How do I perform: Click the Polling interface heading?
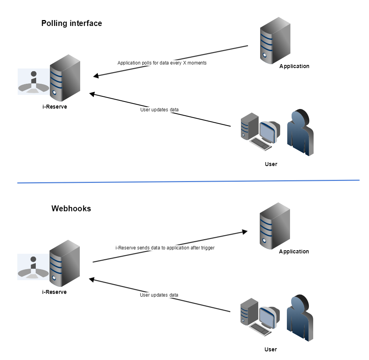[x=72, y=23]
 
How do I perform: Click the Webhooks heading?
[x=71, y=209]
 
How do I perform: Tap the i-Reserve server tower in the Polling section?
[x=65, y=78]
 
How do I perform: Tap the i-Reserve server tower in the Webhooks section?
[x=65, y=263]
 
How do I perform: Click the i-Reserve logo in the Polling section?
[x=33, y=81]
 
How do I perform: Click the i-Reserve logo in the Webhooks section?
[x=33, y=267]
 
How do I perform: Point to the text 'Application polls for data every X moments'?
[x=162, y=63]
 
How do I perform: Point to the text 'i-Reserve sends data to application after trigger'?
[x=165, y=248]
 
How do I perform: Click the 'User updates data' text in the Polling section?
[x=159, y=110]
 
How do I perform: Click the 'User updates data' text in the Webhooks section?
[x=159, y=295]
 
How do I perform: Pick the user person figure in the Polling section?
[x=300, y=132]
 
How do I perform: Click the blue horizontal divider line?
[x=189, y=181]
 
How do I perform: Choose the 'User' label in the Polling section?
[x=271, y=164]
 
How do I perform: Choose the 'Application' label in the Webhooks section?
[x=294, y=251]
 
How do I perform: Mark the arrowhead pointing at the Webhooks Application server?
[x=244, y=231]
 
